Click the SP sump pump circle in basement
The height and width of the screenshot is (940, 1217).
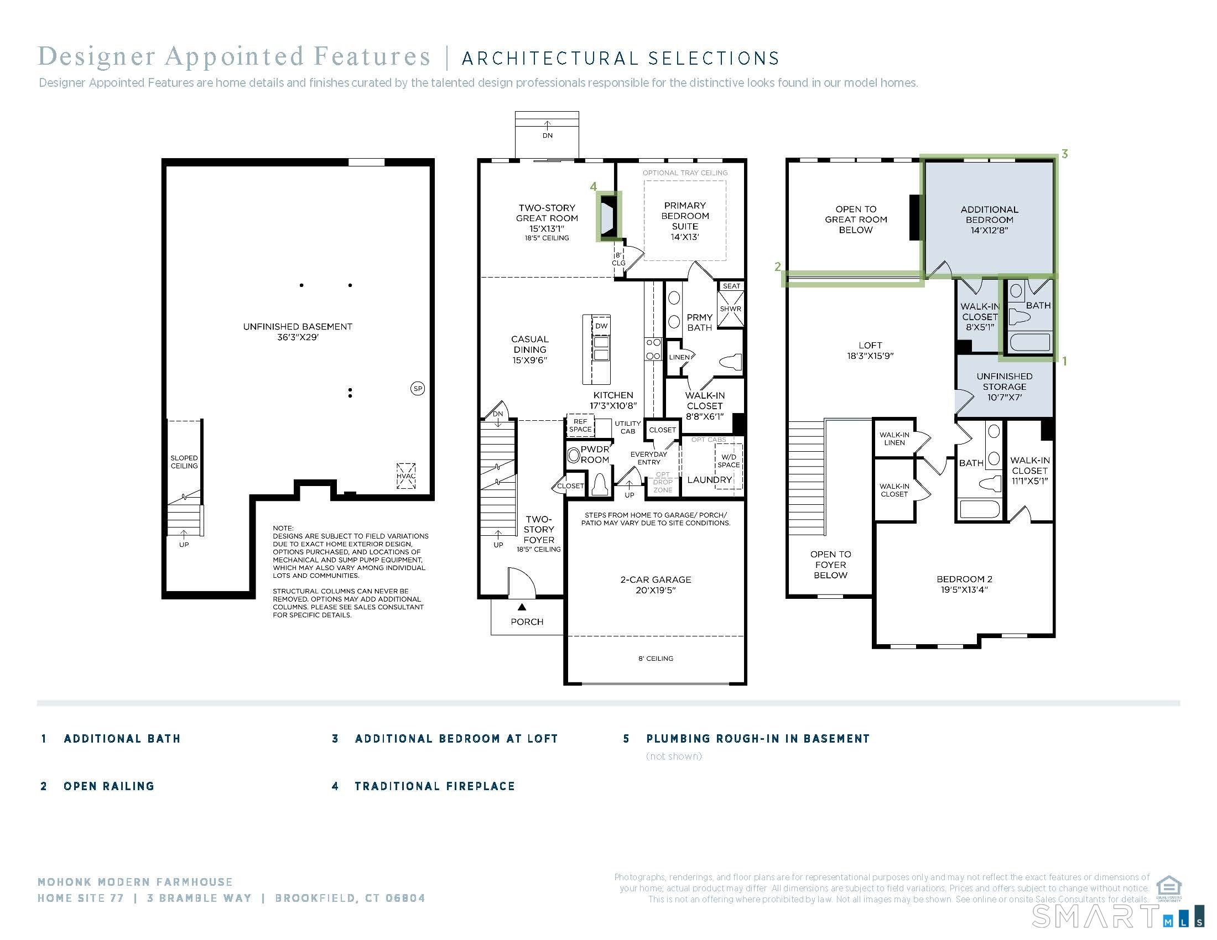(417, 389)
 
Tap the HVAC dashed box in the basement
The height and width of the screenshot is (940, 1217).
(405, 476)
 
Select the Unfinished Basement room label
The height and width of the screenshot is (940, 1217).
(298, 331)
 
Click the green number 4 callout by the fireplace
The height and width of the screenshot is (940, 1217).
(594, 186)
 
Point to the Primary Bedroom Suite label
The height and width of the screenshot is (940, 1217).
(685, 221)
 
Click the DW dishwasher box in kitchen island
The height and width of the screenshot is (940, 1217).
(601, 326)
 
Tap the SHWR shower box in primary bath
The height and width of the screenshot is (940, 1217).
(730, 309)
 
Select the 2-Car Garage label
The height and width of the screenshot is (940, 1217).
(656, 584)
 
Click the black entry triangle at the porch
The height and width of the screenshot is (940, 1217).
(522, 607)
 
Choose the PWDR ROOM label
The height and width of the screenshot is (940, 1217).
(595, 455)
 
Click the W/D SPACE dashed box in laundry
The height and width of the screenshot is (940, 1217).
(729, 461)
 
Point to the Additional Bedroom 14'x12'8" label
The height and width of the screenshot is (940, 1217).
(989, 220)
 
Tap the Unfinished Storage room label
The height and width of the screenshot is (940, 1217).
(1004, 387)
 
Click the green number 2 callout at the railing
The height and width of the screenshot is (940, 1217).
(778, 267)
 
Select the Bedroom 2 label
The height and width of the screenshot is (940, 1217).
(964, 584)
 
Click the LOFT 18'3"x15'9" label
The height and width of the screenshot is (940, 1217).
(870, 350)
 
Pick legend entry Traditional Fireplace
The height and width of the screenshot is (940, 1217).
(435, 786)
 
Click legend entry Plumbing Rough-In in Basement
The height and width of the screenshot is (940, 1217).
(757, 738)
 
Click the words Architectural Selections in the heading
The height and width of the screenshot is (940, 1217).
(620, 59)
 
